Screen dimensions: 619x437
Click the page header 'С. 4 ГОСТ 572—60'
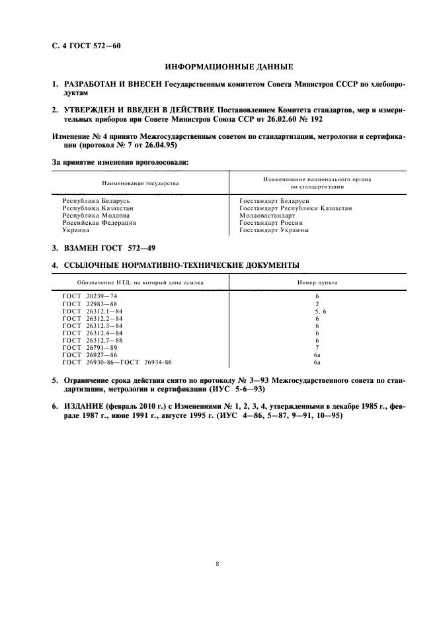coord(87,46)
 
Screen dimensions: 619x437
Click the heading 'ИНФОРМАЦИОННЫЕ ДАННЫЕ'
coord(228,67)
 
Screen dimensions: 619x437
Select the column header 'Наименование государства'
coord(140,183)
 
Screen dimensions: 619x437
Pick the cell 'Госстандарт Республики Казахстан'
coord(296,208)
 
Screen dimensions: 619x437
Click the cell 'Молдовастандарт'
coord(267,216)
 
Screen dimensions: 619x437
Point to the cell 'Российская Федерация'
coord(99,223)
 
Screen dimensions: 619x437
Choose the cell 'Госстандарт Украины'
coord(274,231)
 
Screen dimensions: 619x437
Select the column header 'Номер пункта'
coord(317,282)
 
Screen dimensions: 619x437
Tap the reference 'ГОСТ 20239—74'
coord(89,296)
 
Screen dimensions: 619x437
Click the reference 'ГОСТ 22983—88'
coord(89,304)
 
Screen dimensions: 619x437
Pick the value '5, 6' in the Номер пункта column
coord(317,311)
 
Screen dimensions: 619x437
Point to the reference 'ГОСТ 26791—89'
coord(89,347)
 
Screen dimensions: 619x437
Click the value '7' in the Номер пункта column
coord(317,347)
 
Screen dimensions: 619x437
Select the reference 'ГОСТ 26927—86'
coord(89,355)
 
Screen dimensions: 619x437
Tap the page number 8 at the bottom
coord(218,564)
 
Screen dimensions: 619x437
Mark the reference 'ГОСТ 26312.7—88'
coord(92,340)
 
